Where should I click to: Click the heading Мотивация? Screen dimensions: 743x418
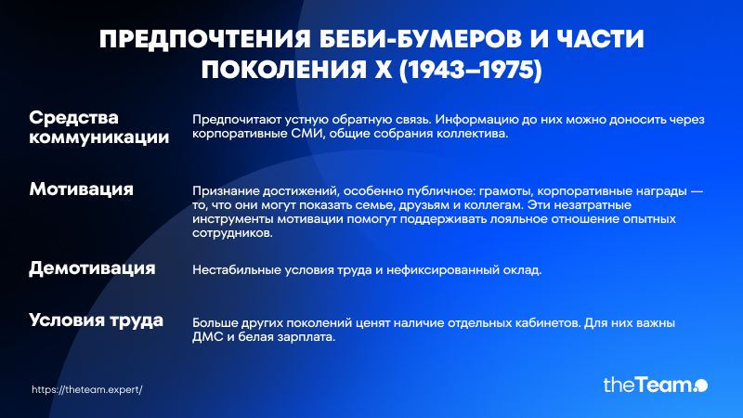pyautogui.click(x=82, y=189)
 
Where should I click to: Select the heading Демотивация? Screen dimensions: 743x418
pyautogui.click(x=92, y=268)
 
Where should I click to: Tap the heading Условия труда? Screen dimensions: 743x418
pyautogui.click(x=97, y=320)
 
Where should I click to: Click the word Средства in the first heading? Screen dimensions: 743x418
pyautogui.click(x=74, y=118)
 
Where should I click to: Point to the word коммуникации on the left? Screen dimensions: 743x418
pyautogui.click(x=99, y=137)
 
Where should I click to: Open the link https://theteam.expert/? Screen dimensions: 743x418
pyautogui.click(x=87, y=389)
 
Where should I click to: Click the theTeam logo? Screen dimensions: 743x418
pyautogui.click(x=656, y=385)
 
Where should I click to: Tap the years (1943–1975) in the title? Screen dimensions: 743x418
pyautogui.click(x=471, y=70)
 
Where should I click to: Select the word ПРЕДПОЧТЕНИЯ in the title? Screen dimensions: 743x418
pyautogui.click(x=205, y=39)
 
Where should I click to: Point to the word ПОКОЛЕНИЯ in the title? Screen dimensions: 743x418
pyautogui.click(x=284, y=70)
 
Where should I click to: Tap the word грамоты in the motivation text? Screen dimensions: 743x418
pyautogui.click(x=505, y=191)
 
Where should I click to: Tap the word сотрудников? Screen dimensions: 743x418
pyautogui.click(x=233, y=233)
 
